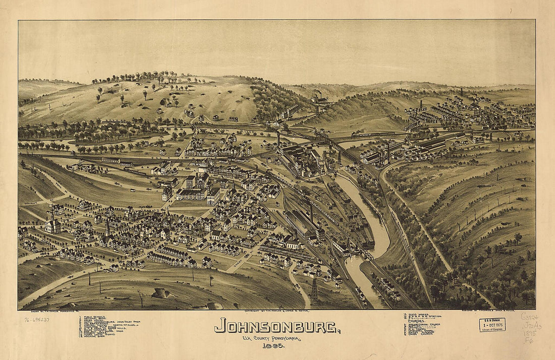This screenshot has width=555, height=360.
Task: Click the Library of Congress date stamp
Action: click(x=492, y=324)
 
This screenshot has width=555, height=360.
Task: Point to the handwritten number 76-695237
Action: click(x=37, y=319)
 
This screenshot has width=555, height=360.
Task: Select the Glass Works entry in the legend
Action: click(x=417, y=314)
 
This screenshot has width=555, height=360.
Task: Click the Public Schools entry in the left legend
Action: click(x=93, y=318)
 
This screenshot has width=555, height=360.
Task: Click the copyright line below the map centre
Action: click(x=276, y=312)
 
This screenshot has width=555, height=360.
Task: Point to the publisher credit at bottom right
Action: click(x=484, y=312)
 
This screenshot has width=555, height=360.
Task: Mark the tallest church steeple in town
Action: click(x=107, y=227)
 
